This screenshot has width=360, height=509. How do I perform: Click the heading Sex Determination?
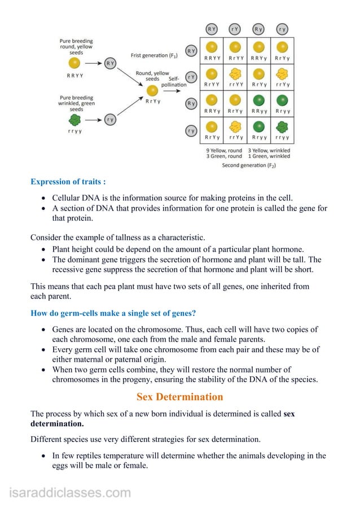click(180, 397)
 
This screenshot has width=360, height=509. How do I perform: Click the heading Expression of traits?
click(68, 182)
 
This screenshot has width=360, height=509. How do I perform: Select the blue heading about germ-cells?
click(113, 313)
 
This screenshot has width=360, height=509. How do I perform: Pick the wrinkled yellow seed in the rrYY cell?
click(235, 73)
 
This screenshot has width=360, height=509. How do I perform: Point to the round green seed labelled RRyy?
click(259, 100)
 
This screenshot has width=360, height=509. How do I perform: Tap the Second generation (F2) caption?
click(249, 165)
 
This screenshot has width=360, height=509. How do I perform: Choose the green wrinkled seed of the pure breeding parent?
click(74, 120)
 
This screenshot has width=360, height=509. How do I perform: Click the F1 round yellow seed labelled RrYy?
click(152, 91)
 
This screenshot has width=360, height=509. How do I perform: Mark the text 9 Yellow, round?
click(224, 150)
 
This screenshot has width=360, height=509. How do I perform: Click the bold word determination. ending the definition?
click(57, 423)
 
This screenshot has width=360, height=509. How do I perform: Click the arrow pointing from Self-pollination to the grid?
click(194, 85)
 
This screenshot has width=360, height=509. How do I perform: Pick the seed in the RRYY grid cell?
click(212, 47)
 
